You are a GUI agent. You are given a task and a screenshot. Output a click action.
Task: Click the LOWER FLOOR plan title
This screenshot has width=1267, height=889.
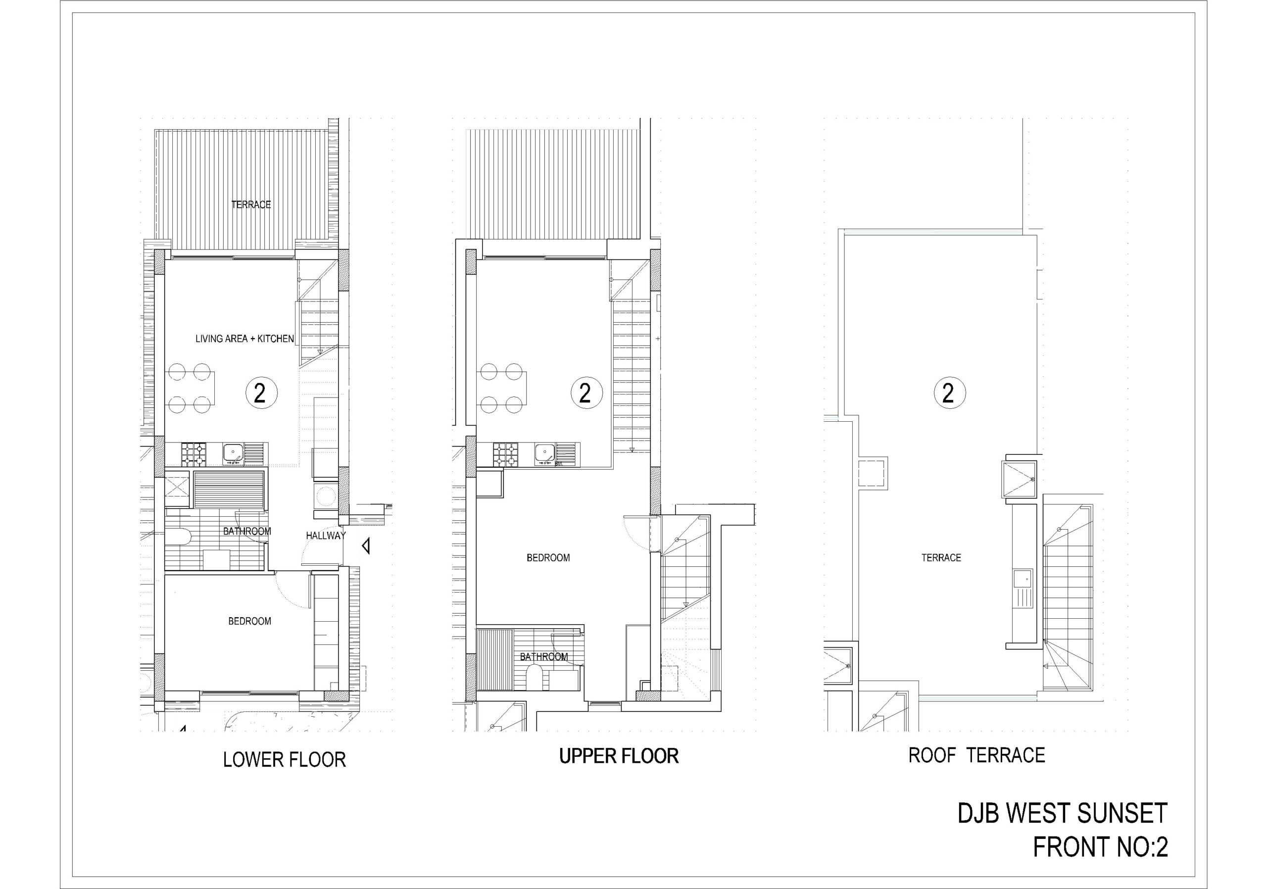point(284,760)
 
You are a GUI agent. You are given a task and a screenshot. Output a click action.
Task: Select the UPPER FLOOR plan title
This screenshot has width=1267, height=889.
point(619,756)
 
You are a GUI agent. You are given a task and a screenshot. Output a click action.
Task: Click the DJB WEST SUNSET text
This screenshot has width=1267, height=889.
point(1062,813)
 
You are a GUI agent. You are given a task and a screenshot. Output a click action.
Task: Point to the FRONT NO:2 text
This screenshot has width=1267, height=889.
point(1100,847)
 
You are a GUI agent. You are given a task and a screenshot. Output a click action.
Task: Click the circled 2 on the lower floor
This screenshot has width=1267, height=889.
point(260,393)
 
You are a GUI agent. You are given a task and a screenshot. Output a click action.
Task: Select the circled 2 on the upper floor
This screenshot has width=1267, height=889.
point(586,393)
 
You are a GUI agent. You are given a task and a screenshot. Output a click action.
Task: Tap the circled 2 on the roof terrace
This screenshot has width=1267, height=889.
point(949,393)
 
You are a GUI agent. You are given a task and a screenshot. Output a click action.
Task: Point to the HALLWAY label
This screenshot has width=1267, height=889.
point(326,535)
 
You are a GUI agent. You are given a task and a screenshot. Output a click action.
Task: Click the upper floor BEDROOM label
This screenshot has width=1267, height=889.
point(548,558)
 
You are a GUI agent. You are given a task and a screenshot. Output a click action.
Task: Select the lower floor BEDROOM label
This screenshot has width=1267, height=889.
point(249,621)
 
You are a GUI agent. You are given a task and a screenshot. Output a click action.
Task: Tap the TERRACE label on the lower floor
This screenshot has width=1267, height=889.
point(251,205)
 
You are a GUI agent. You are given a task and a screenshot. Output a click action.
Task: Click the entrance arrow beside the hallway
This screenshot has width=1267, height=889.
point(365,547)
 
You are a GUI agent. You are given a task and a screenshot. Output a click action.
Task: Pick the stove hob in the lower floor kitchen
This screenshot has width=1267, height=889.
point(194,455)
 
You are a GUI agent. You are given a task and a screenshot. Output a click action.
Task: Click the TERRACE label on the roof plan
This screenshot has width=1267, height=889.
point(941,558)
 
